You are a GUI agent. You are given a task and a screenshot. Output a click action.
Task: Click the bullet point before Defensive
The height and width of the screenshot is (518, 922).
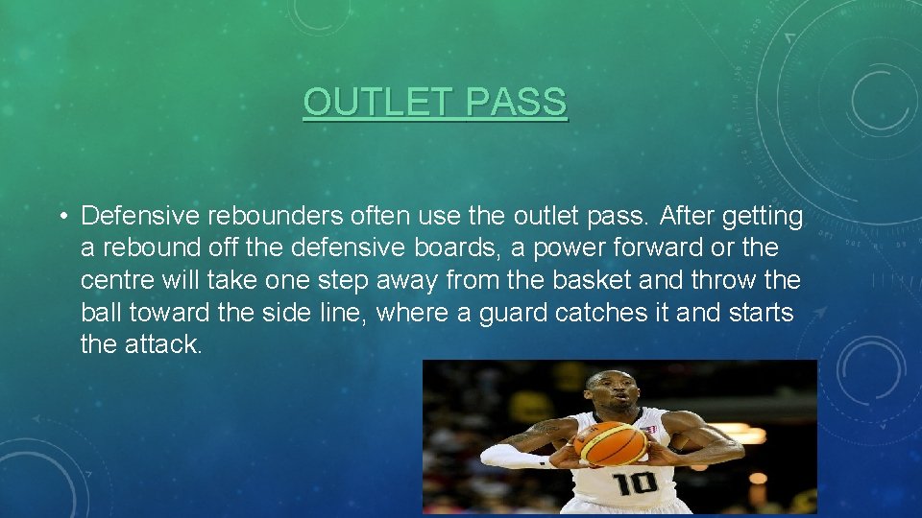point(61,217)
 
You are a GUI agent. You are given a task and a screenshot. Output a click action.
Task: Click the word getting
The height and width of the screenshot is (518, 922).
point(762,217)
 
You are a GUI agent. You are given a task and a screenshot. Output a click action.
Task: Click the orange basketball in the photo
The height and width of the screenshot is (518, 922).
point(612,443)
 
